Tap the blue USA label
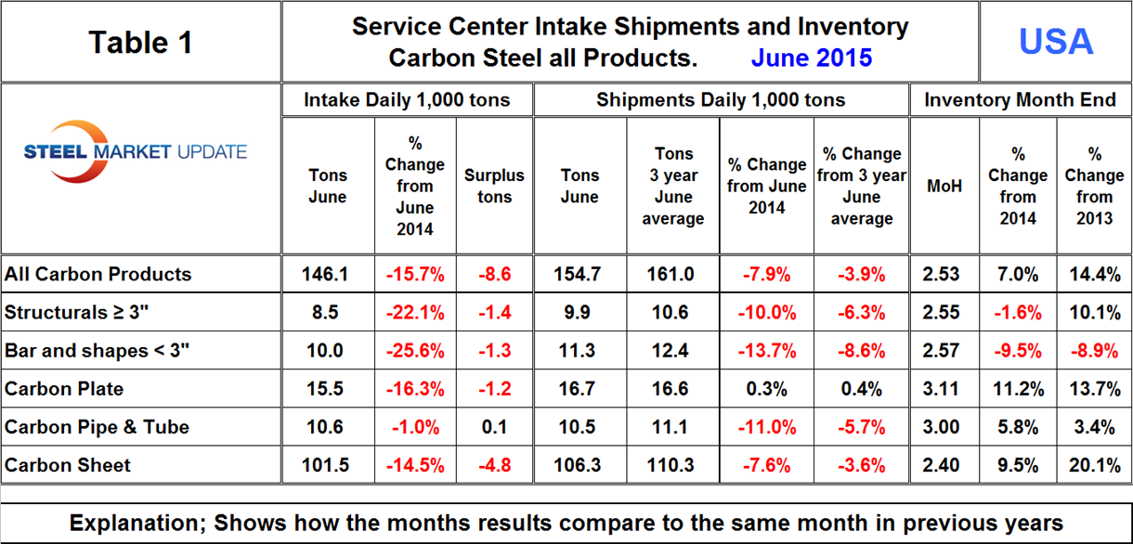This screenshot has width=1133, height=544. click(x=1056, y=41)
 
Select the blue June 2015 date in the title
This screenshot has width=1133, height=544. click(x=811, y=58)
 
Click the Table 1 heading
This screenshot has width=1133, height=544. click(x=140, y=42)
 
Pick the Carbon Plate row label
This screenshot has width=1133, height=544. click(x=64, y=388)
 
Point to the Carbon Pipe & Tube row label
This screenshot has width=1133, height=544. click(x=97, y=427)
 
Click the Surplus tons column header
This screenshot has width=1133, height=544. click(x=494, y=186)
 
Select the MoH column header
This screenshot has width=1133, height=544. click(x=944, y=186)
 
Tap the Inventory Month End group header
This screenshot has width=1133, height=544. click(x=1020, y=100)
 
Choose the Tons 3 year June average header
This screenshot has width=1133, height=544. click(x=673, y=186)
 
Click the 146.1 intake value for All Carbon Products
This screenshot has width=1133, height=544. click(x=325, y=274)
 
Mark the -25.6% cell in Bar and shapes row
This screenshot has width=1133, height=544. click(x=414, y=351)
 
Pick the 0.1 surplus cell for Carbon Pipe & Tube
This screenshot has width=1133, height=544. click(x=494, y=427)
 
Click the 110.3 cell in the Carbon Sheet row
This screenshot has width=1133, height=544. click(x=673, y=465)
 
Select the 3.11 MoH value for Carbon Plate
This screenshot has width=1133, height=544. click(x=944, y=389)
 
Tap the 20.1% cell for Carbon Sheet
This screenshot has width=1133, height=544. click(x=1094, y=465)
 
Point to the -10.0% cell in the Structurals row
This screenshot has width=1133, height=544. click(x=766, y=313)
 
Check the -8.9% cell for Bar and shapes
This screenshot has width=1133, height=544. click(x=1094, y=351)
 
